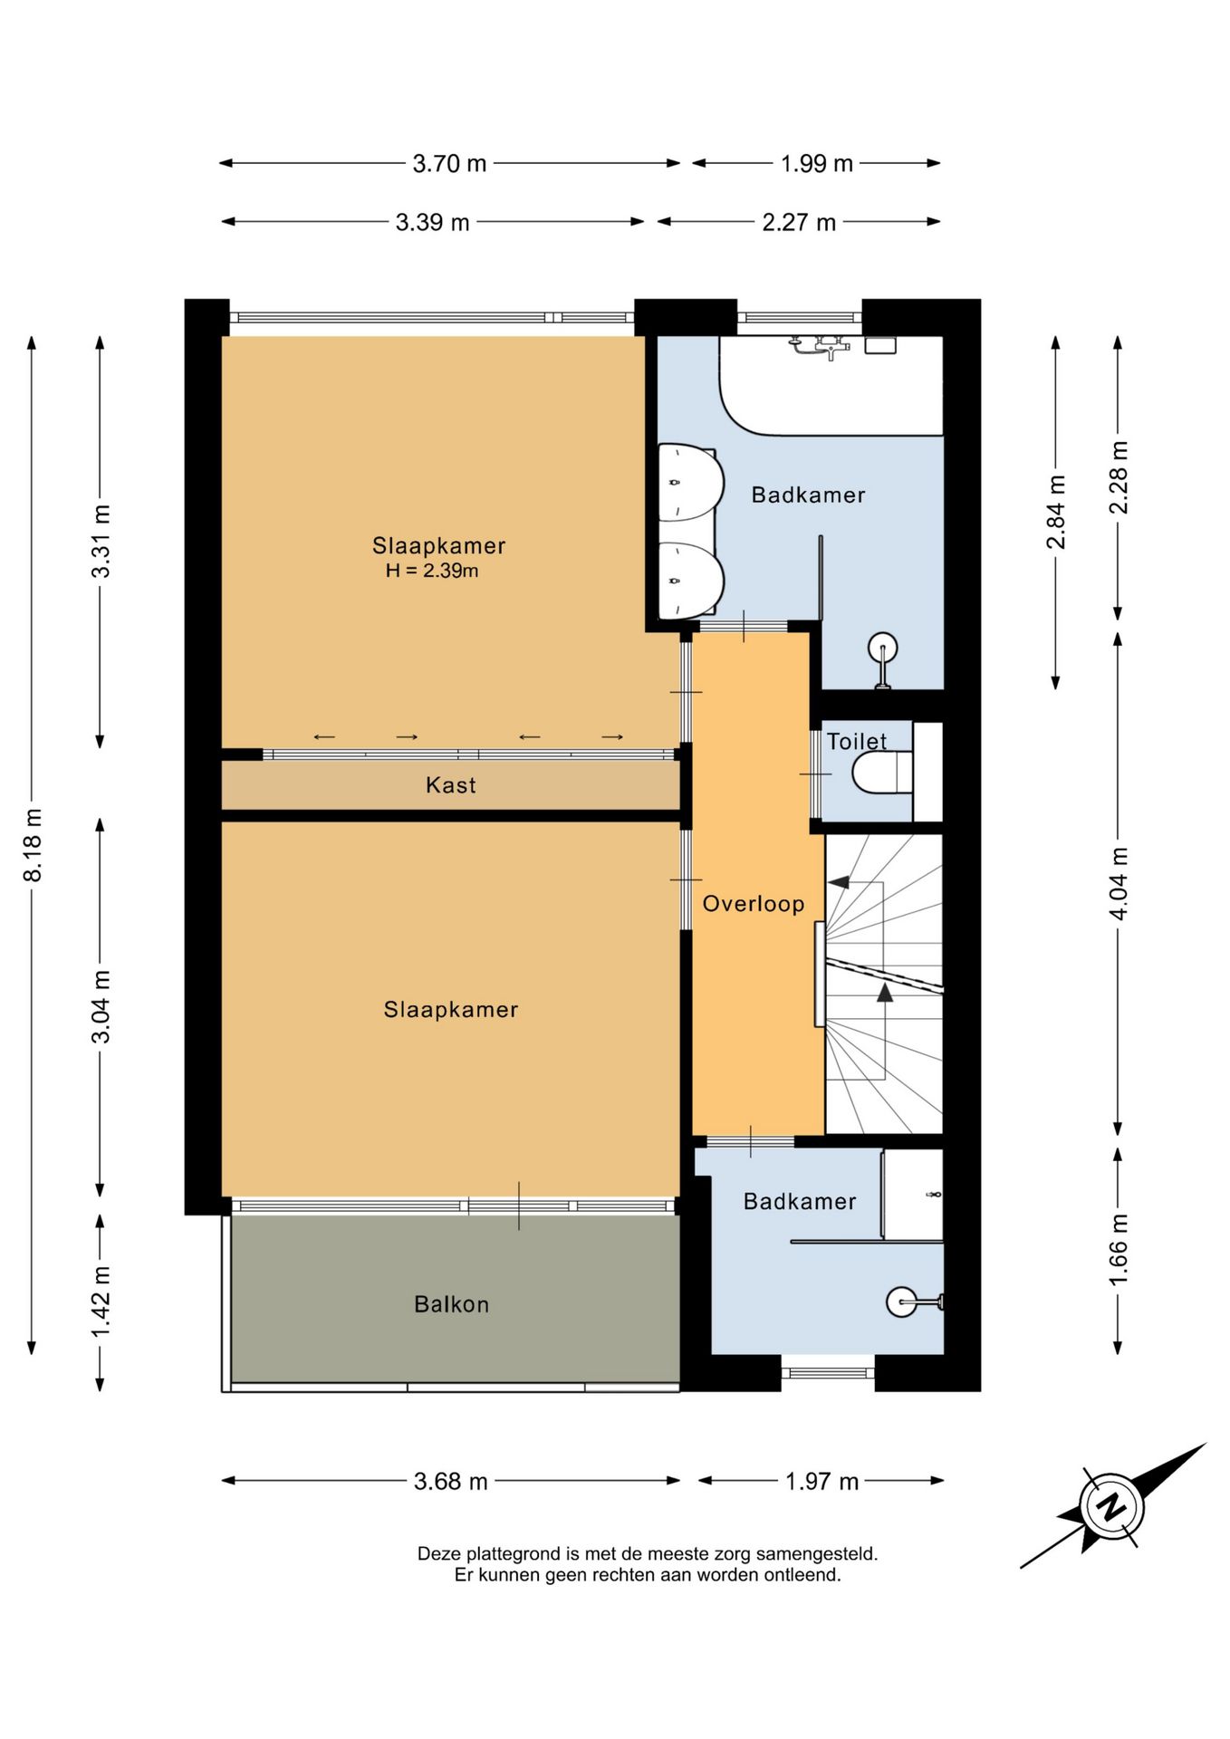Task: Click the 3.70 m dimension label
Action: click(449, 164)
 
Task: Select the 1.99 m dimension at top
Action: click(817, 164)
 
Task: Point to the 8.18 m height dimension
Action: click(33, 845)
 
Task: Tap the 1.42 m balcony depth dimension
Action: click(101, 1302)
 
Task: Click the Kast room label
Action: click(451, 785)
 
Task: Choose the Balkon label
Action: click(452, 1304)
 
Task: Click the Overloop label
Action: click(754, 904)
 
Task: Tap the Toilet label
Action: click(857, 741)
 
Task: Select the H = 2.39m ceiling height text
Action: click(432, 571)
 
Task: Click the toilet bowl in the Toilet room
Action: click(881, 773)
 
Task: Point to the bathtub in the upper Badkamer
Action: click(831, 385)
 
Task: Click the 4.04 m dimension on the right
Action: click(1119, 884)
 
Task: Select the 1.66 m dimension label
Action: click(1119, 1249)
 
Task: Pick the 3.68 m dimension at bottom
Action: click(451, 1481)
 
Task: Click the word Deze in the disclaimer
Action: click(437, 1553)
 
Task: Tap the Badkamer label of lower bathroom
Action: click(800, 1202)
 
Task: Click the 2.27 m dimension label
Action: click(799, 222)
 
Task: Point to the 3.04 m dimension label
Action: click(101, 1006)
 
